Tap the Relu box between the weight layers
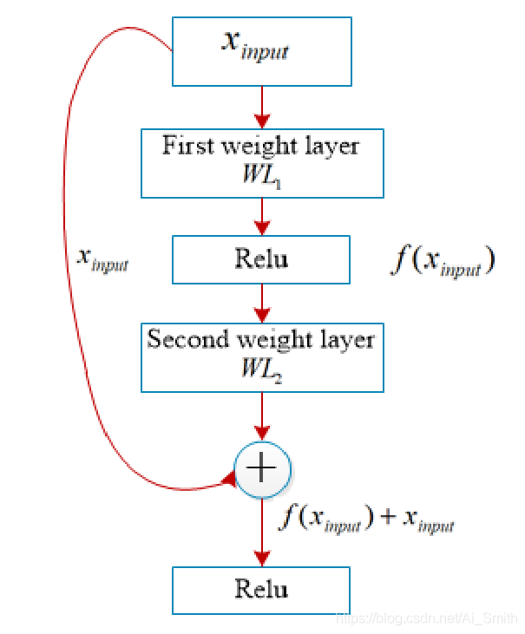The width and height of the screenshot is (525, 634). pos(261,258)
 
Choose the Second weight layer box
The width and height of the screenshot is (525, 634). pos(261,356)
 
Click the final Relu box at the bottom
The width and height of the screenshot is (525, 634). pos(261,590)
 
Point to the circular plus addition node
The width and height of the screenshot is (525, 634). pos(261,469)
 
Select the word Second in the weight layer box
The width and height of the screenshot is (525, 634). pos(180,339)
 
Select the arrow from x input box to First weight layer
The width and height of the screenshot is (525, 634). pos(261,108)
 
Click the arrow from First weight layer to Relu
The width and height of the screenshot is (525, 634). pos(261,216)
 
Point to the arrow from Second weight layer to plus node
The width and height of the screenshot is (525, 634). pos(261,417)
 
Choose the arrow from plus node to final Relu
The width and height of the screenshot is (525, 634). pos(261,533)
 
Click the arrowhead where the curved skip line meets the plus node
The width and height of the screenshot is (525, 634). pos(230,479)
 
